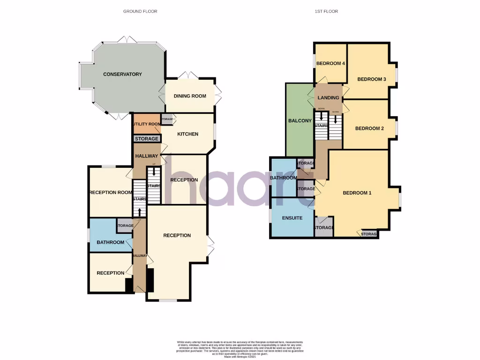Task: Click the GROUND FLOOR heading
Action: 140,11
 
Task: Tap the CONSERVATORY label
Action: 122,74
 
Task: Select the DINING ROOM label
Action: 190,96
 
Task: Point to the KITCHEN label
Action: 187,134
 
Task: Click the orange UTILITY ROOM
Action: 146,124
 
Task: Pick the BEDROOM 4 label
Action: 330,64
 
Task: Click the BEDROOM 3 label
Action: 371,79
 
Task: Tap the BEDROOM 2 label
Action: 369,128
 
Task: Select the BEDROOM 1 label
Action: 357,193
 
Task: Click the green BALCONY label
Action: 300,121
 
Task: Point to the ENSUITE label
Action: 292,218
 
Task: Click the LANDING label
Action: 328,97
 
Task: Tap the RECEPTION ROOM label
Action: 111,192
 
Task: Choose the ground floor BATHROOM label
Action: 110,242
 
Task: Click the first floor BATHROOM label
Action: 283,178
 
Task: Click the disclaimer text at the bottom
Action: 240,350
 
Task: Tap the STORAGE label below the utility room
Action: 147,139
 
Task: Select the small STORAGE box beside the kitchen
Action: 167,120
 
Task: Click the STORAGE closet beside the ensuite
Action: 324,228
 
